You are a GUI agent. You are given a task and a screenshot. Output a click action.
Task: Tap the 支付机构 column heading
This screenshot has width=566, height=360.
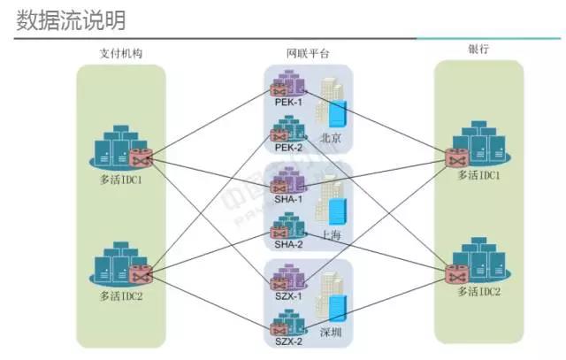pyautogui.click(x=121, y=53)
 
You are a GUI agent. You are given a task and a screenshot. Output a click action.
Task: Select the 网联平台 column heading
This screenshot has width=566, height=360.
pyautogui.click(x=308, y=54)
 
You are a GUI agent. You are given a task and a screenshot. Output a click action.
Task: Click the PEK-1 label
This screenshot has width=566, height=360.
pyautogui.click(x=288, y=102)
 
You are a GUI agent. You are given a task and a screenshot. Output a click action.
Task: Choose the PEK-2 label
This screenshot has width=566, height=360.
pyautogui.click(x=288, y=148)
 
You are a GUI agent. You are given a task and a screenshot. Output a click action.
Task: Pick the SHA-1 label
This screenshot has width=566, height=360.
pyautogui.click(x=288, y=199)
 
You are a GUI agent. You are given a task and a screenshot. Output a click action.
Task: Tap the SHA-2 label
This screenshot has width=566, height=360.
pyautogui.click(x=288, y=244)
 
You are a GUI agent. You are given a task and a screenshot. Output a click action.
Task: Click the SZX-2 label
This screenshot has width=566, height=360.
pyautogui.click(x=288, y=341)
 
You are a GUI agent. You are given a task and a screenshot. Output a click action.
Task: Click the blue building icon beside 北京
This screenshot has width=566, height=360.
pyautogui.click(x=337, y=115)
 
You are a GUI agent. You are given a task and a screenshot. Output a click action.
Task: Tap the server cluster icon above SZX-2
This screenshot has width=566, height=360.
pyautogui.click(x=288, y=321)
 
